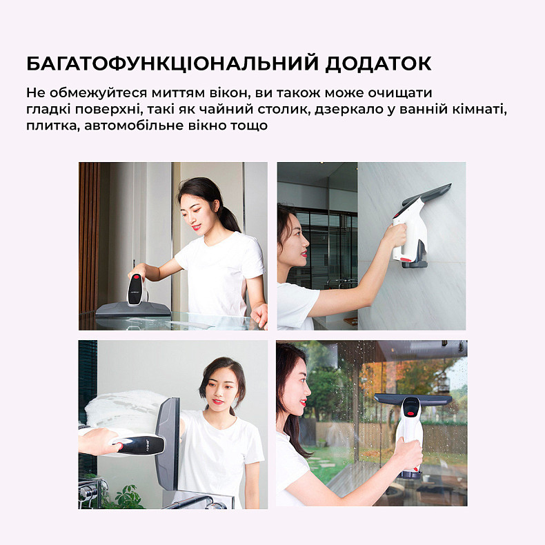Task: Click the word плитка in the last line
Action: pyautogui.click(x=48, y=126)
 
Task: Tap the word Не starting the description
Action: pyautogui.click(x=35, y=92)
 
